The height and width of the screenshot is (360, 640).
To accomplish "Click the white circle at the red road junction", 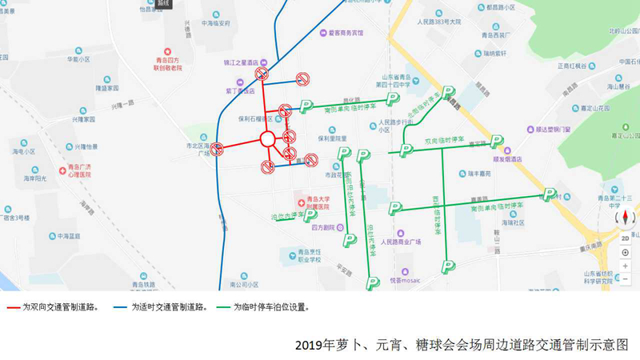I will tap(268, 138).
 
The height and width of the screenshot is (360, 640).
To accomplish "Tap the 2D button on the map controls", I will tap(626, 237).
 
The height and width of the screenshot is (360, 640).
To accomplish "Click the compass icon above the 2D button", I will tap(625, 218).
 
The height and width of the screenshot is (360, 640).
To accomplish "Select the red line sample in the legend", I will tap(13, 307).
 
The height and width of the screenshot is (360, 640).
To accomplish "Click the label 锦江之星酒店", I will tap(245, 62).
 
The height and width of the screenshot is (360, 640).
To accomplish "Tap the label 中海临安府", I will tap(214, 24).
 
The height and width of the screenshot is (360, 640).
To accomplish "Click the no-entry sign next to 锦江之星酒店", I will tap(261, 74).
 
